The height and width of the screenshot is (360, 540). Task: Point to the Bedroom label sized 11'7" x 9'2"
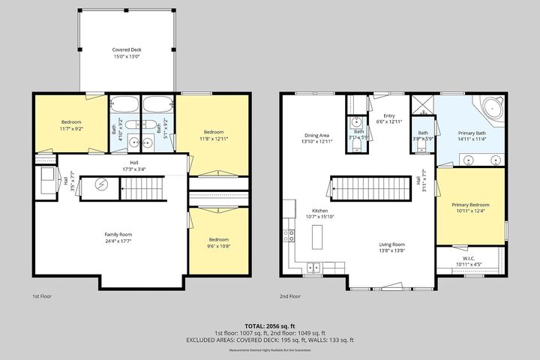(x=71, y=125)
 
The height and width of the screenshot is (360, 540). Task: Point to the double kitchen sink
(x=313, y=266)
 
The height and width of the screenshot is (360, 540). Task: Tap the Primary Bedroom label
(x=470, y=208)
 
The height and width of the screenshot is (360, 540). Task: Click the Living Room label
(x=391, y=247)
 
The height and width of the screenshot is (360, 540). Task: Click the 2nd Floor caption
(x=289, y=296)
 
